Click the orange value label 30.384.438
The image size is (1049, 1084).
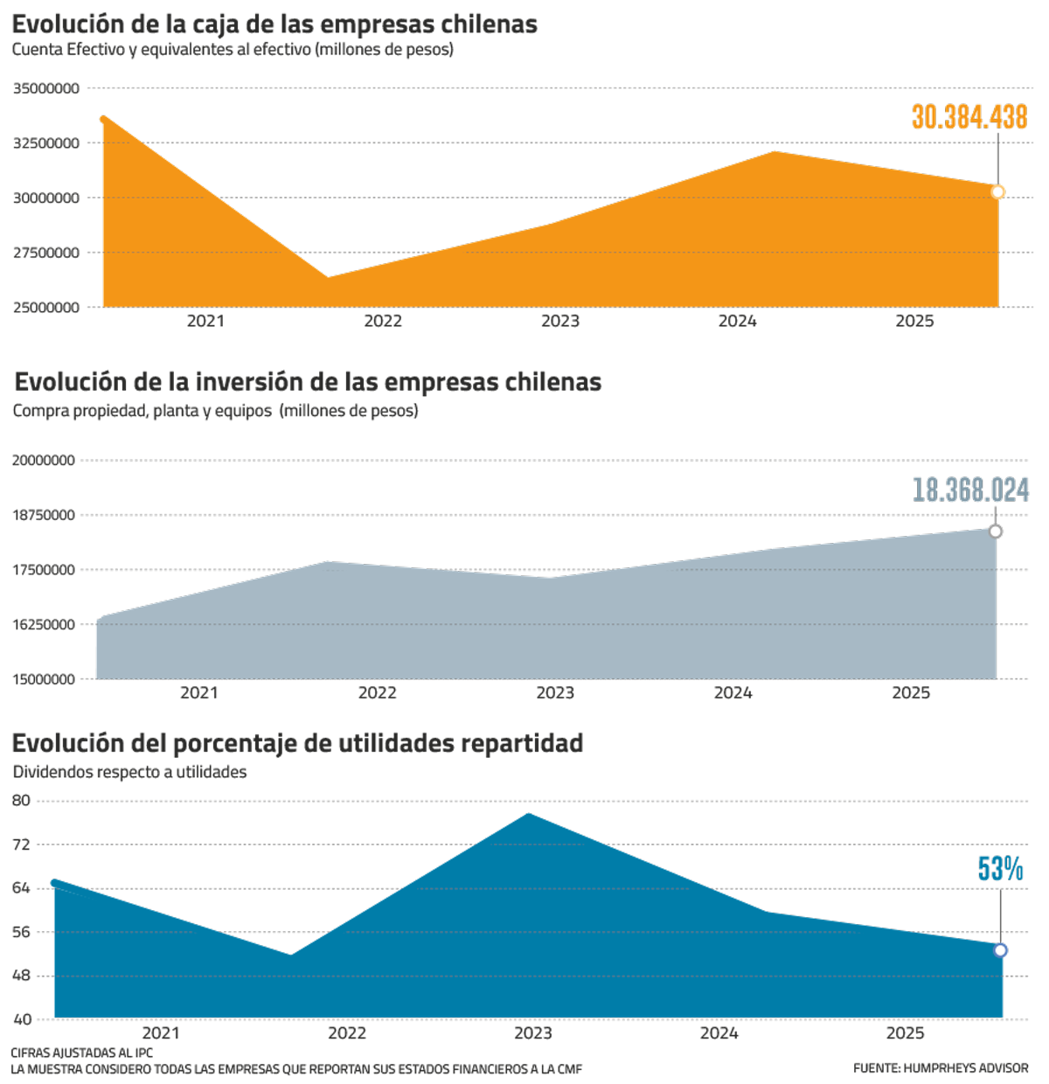[x=969, y=118]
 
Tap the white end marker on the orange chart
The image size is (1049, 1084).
[x=997, y=192]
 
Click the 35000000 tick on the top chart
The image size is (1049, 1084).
[x=46, y=88]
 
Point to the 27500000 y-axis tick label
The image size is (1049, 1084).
[x=46, y=254]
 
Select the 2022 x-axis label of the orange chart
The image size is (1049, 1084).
[x=383, y=322]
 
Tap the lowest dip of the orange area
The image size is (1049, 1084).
[x=329, y=277]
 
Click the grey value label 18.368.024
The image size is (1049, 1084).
[x=970, y=490]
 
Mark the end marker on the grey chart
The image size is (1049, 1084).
[x=995, y=532]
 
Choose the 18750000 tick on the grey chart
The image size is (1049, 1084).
[x=44, y=516]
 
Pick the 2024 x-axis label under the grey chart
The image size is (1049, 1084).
[x=733, y=693]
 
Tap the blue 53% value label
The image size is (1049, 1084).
[x=1000, y=869]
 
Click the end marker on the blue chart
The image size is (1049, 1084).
[x=1001, y=950]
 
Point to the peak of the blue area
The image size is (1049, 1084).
[x=529, y=814]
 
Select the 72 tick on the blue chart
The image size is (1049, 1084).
[x=21, y=844]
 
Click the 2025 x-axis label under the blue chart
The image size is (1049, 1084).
[x=906, y=1034]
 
